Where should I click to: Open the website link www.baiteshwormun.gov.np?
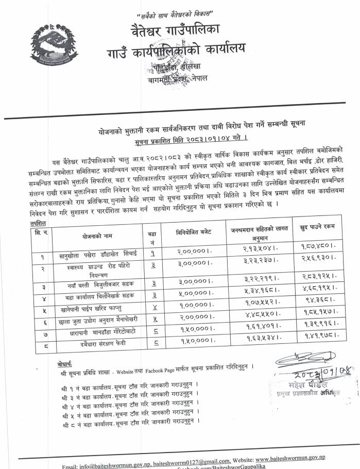pyautogui.click(x=290, y=458)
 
